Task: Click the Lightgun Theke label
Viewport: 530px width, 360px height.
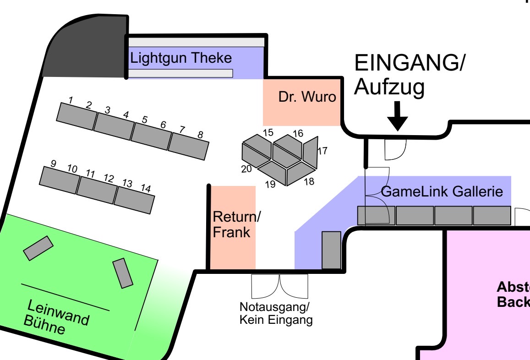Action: pyautogui.click(x=181, y=59)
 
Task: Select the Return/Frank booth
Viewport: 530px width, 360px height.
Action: pyautogui.click(x=233, y=224)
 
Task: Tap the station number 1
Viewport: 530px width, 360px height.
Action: pyautogui.click(x=71, y=100)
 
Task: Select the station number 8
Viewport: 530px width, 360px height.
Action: pyautogui.click(x=200, y=135)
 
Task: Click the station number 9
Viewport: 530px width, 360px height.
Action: pyautogui.click(x=53, y=164)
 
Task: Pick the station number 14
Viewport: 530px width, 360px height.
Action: pyautogui.click(x=146, y=188)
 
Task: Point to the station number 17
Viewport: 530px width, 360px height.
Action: pyautogui.click(x=322, y=150)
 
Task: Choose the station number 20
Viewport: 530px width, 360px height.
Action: pyautogui.click(x=246, y=169)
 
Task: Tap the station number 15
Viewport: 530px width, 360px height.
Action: pyautogui.click(x=268, y=133)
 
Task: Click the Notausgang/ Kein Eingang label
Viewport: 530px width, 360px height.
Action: pyautogui.click(x=276, y=313)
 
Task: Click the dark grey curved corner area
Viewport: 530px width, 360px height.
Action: pyautogui.click(x=87, y=50)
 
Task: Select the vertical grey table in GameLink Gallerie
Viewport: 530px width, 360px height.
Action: pyautogui.click(x=331, y=250)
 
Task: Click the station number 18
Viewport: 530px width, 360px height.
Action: pyautogui.click(x=309, y=181)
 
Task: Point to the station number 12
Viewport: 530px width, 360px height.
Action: pyautogui.click(x=109, y=178)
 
